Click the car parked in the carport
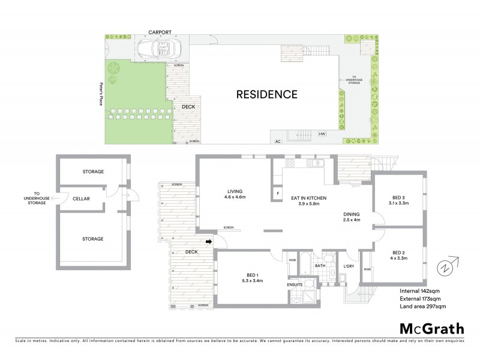[x=154, y=48]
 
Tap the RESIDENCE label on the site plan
[x=266, y=94]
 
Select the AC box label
[x=277, y=142]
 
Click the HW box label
[x=322, y=134]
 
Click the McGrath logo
[x=431, y=328]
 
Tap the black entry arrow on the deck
[x=209, y=242]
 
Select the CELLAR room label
[x=81, y=199]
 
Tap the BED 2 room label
[x=400, y=255]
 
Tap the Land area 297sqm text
[x=423, y=307]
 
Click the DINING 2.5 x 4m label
[x=353, y=217]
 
